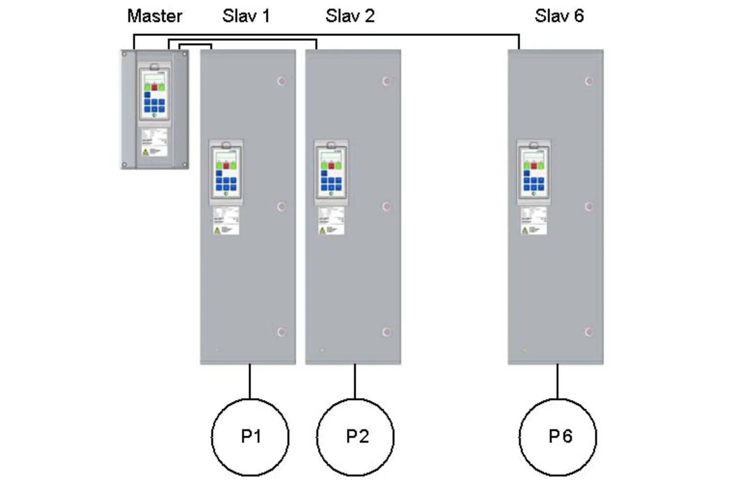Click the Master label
(154, 16)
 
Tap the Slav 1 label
(246, 16)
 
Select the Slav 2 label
(350, 16)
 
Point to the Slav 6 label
(559, 16)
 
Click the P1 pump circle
(250, 437)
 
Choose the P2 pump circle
(355, 437)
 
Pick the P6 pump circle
(558, 437)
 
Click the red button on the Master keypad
(154, 88)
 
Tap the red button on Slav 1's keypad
(226, 166)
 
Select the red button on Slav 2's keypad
(331, 166)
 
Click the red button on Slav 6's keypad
(534, 166)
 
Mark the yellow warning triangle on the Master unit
(145, 152)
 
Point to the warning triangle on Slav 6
(525, 230)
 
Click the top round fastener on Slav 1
(282, 81)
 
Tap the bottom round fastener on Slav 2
(386, 331)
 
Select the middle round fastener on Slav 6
(589, 206)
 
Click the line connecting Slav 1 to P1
(250, 381)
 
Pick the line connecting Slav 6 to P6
(557, 381)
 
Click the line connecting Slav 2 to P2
(355, 381)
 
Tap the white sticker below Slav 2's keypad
(331, 221)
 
